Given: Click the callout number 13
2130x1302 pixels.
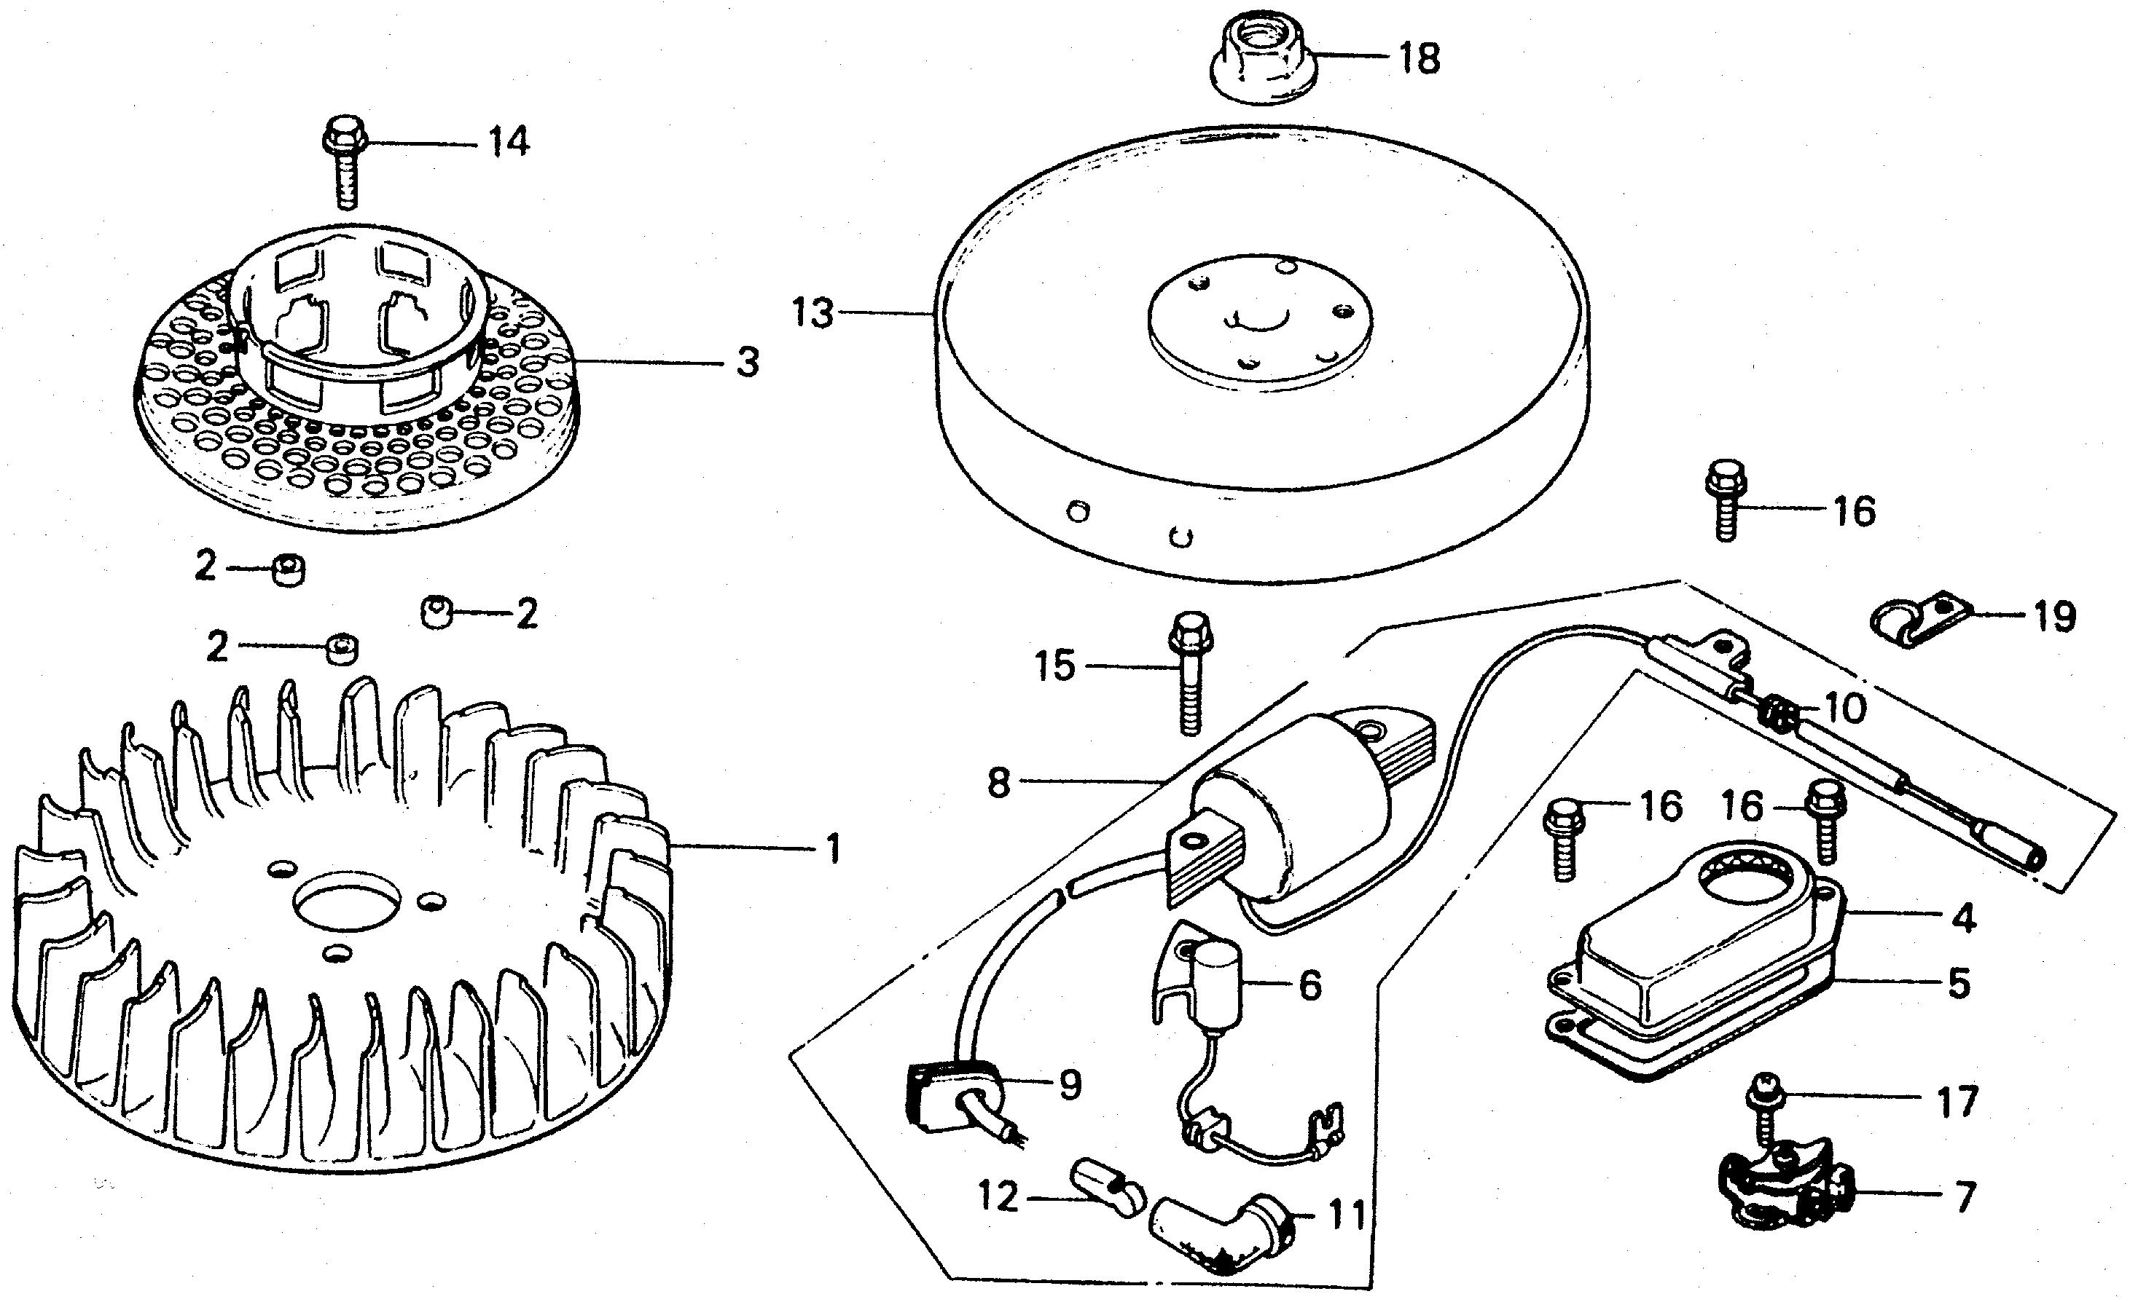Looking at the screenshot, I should pos(813,312).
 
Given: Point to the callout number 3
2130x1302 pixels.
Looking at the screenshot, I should pos(747,363).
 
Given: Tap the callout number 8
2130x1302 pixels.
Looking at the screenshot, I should pos(998,783).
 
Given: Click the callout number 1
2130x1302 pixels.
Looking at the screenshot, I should pos(832,848).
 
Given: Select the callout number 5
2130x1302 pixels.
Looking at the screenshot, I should pos(1958,984).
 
